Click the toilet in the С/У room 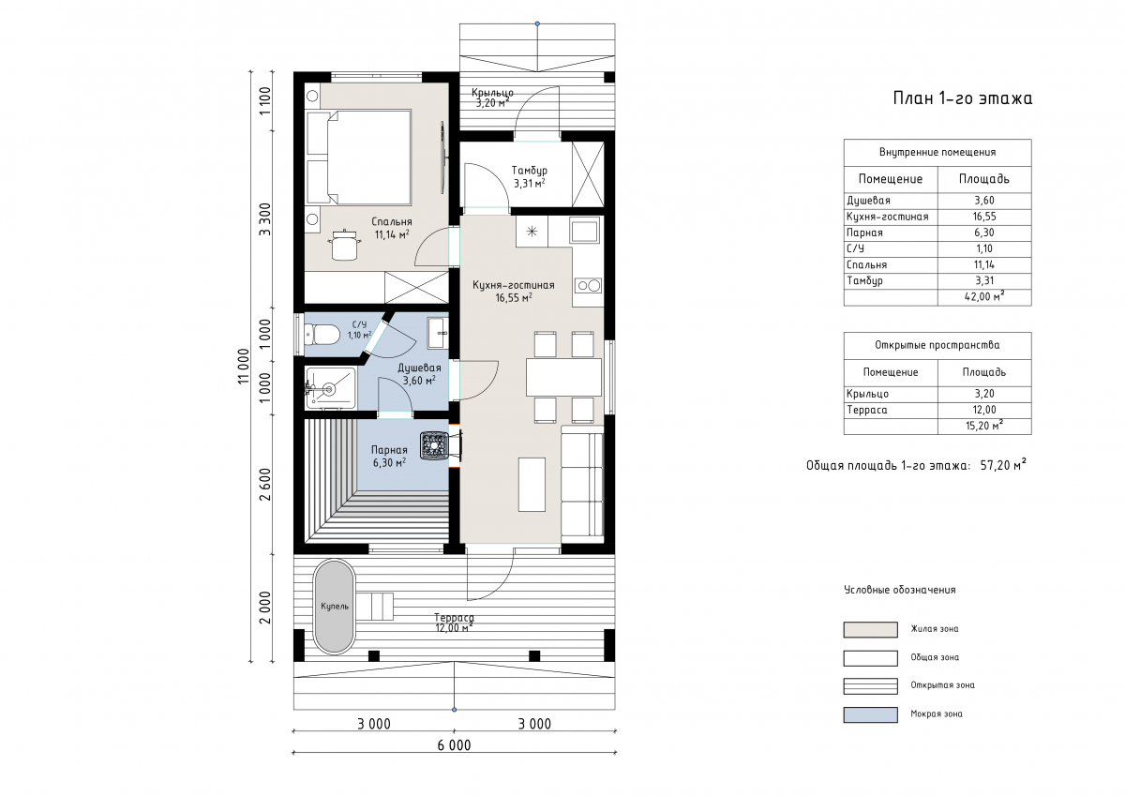click(x=322, y=335)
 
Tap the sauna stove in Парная click(x=434, y=445)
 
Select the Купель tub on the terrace click(x=335, y=607)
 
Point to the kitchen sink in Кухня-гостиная click(x=584, y=231)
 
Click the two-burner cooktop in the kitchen click(x=589, y=286)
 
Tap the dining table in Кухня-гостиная click(x=563, y=377)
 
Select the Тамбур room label click(x=530, y=171)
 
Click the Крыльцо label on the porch click(x=492, y=93)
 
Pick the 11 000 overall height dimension click(x=244, y=366)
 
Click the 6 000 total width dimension click(x=454, y=745)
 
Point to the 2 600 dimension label click(x=265, y=485)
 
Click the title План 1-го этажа click(x=962, y=98)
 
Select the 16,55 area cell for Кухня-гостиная click(x=983, y=217)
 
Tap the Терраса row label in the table click(x=867, y=410)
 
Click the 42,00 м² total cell click(x=983, y=296)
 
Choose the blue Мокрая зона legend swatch click(x=870, y=714)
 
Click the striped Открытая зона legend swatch click(x=870, y=686)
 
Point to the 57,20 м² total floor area click(x=1003, y=466)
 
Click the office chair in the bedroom click(x=345, y=245)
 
